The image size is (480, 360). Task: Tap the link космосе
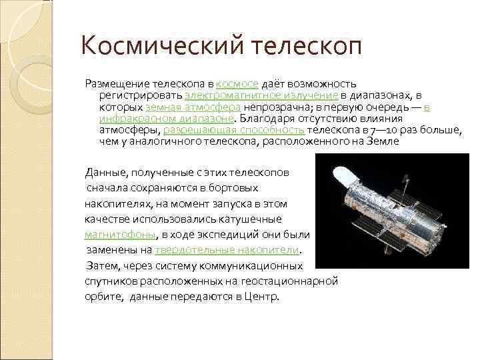click(x=238, y=84)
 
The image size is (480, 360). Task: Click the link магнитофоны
click(x=121, y=234)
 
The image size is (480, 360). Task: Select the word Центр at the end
click(x=261, y=296)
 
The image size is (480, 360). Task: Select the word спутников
click(x=107, y=281)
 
